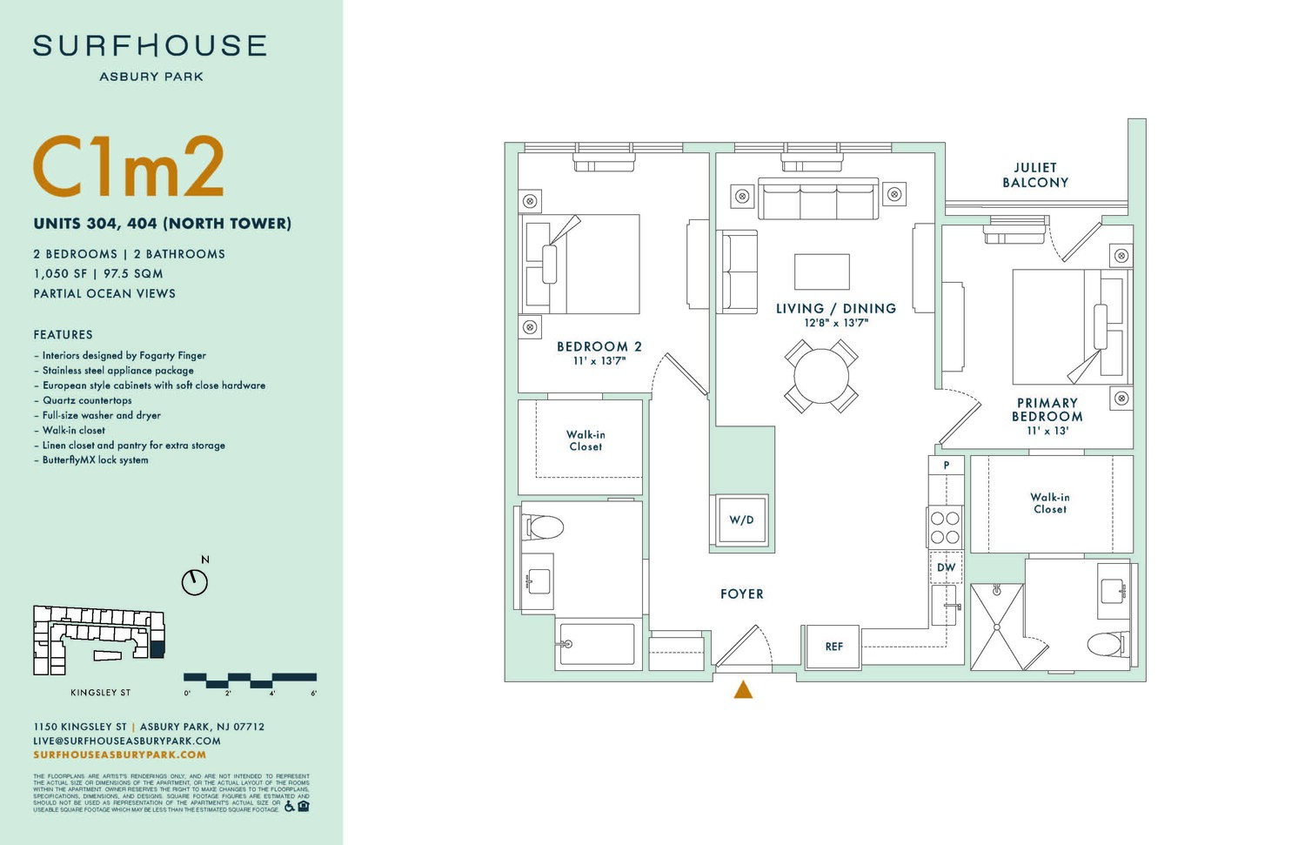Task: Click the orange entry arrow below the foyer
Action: click(743, 690)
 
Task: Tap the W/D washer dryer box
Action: click(741, 520)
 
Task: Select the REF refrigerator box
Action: click(833, 647)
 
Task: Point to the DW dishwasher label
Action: click(947, 567)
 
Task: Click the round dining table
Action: click(821, 376)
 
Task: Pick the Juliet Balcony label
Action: click(1035, 175)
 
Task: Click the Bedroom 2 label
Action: click(599, 346)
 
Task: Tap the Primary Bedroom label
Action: click(1047, 410)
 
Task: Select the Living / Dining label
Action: click(836, 308)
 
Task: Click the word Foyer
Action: click(742, 594)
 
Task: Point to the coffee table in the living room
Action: click(822, 272)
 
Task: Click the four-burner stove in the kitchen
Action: click(946, 527)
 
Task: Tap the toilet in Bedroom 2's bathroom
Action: click(545, 526)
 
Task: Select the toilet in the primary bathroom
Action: click(1105, 645)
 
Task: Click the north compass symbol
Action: click(195, 581)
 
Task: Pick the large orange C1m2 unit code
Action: click(129, 167)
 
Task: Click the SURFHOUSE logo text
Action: click(150, 46)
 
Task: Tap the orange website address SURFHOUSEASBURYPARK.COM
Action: click(120, 754)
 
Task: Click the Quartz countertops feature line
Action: click(87, 400)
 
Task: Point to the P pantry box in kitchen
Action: click(947, 466)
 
